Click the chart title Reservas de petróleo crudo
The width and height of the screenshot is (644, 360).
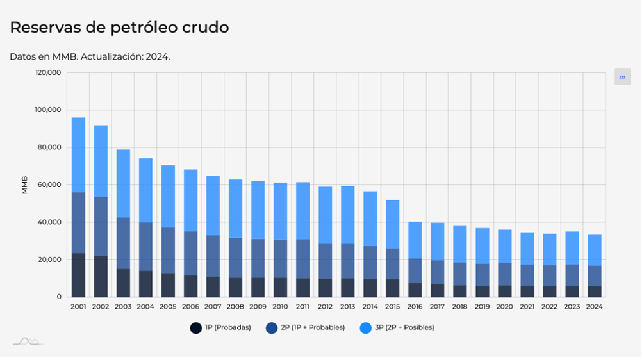point(119,28)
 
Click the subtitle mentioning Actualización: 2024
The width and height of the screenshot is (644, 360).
point(90,56)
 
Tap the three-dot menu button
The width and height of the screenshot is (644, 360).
point(622,77)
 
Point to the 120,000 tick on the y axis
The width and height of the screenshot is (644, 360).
point(48,73)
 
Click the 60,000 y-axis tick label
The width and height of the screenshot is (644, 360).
point(50,185)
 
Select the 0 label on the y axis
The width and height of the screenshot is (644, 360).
point(59,297)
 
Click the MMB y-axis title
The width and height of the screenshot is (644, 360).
point(25,185)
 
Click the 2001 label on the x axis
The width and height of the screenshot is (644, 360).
point(78,307)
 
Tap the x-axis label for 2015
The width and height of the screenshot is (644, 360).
point(392,307)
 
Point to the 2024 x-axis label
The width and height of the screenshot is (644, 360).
point(594,307)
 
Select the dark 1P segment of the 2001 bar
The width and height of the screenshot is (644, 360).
point(78,275)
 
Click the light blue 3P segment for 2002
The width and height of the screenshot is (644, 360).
point(101,160)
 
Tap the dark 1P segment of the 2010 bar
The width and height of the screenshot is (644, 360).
point(280,287)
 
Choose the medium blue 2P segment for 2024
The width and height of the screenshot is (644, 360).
point(594,275)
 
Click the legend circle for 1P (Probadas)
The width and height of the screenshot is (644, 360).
point(196,328)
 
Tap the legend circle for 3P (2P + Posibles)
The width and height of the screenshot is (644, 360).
point(366,328)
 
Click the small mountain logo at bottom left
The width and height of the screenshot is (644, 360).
point(28,341)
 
